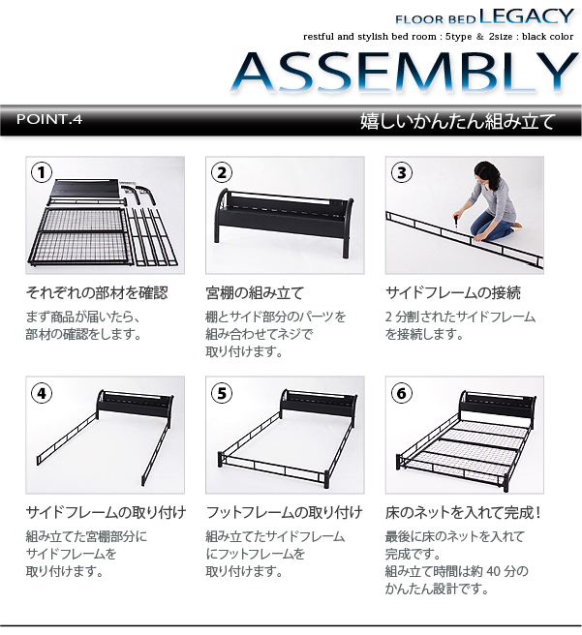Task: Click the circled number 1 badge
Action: (42, 172)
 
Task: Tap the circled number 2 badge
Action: (222, 172)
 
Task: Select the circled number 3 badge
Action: (402, 172)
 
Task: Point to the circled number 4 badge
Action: (42, 393)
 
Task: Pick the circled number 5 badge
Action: (222, 393)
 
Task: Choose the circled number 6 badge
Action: (402, 393)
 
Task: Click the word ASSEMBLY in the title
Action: (405, 72)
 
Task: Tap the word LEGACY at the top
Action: (527, 16)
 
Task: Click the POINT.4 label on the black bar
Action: (49, 119)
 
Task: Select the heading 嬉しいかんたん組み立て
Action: (458, 121)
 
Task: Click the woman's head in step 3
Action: (485, 172)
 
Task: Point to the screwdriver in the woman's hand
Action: (456, 222)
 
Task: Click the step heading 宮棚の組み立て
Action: (255, 292)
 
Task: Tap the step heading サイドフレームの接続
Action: (453, 292)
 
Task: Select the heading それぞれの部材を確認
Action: (97, 292)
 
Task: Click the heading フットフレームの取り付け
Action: (285, 513)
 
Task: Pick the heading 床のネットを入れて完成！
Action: (463, 513)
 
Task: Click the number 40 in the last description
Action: (494, 571)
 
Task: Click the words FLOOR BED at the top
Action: (436, 19)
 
